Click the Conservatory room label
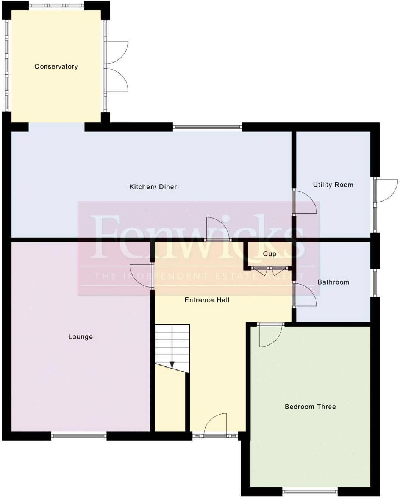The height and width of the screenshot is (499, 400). point(56,67)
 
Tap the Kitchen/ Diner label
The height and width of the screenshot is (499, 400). point(153,187)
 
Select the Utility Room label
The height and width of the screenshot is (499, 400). point(333,185)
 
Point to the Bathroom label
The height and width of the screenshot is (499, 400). point(333,282)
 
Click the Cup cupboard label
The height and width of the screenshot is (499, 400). point(269,254)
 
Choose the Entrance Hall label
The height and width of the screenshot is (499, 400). point(207,300)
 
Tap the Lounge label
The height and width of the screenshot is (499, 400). point(80,337)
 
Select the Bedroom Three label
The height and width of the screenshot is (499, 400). point(310,407)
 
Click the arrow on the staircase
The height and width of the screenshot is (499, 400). point(172,365)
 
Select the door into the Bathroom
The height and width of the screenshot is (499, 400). point(305,295)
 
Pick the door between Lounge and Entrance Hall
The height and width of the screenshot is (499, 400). point(141,276)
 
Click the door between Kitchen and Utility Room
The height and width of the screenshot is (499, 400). point(305,202)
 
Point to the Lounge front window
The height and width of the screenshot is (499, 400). point(79,436)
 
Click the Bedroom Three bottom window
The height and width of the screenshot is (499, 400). point(310,492)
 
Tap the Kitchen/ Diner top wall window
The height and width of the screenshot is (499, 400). point(207,127)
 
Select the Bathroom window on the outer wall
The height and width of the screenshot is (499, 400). point(375,283)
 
